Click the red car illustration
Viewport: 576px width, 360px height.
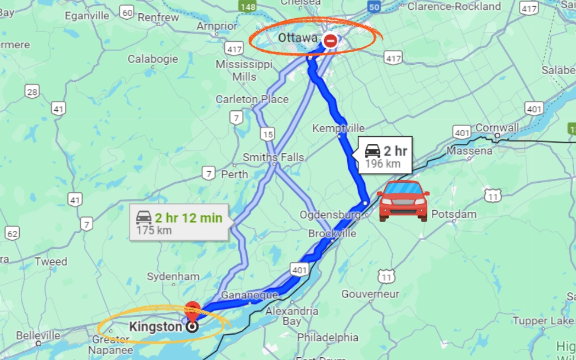pyautogui.click(x=403, y=201)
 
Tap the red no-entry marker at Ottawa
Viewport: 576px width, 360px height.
pyautogui.click(x=330, y=40)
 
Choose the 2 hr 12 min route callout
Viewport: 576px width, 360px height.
pyautogui.click(x=179, y=223)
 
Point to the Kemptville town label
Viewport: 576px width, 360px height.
pyautogui.click(x=338, y=128)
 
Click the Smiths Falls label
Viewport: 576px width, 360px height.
pyautogui.click(x=273, y=157)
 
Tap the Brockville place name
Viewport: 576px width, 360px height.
pyautogui.click(x=332, y=233)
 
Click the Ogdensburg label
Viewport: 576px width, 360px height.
pyautogui.click(x=330, y=214)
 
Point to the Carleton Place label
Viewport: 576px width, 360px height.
pyautogui.click(x=252, y=99)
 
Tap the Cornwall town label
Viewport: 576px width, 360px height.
pyautogui.click(x=497, y=127)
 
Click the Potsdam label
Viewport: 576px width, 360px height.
pyautogui.click(x=454, y=214)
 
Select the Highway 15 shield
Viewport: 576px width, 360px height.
pyautogui.click(x=268, y=134)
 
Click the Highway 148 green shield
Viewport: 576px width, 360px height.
pyautogui.click(x=247, y=7)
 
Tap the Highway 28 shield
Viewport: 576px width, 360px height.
pyautogui.click(x=32, y=92)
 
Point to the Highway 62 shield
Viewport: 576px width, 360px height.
pyautogui.click(x=12, y=234)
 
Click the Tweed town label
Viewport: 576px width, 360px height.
pyautogui.click(x=51, y=261)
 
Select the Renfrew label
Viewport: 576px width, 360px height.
pyautogui.click(x=159, y=17)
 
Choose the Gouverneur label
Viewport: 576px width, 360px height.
pyautogui.click(x=370, y=294)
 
